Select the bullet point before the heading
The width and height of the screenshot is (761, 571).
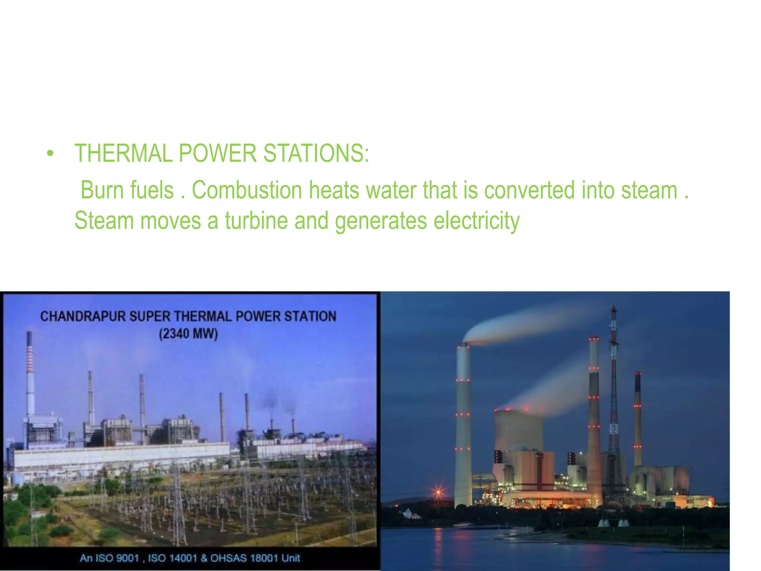(50, 154)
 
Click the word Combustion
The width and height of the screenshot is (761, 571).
(247, 190)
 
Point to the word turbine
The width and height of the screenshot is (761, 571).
(256, 221)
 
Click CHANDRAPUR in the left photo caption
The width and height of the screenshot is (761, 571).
(83, 316)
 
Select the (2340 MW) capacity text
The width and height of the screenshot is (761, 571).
(188, 333)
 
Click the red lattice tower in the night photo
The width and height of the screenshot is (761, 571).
(614, 409)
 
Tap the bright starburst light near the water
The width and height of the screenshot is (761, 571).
(438, 493)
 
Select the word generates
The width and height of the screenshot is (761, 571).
(380, 221)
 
